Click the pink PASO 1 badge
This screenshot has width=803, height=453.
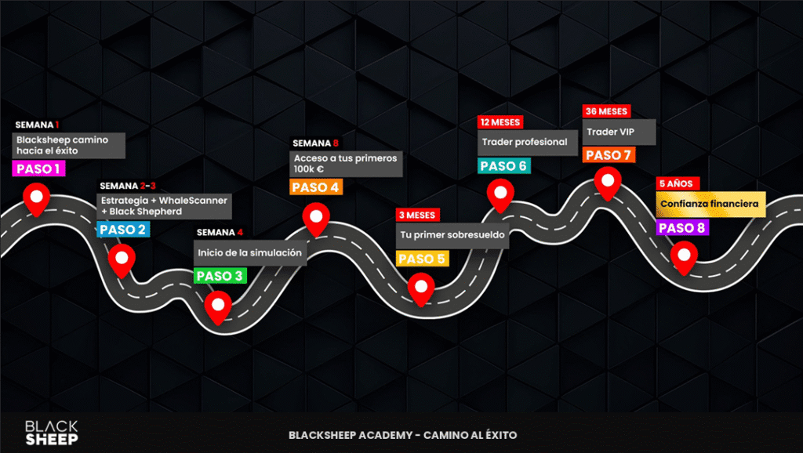[38, 169]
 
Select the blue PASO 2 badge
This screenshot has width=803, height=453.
[123, 230]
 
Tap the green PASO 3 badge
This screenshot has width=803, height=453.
[220, 276]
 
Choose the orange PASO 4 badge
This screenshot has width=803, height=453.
[316, 187]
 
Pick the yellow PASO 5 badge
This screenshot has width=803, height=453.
[422, 259]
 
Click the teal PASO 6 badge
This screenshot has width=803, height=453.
[504, 166]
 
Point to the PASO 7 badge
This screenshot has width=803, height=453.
[609, 155]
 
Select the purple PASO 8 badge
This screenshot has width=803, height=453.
[682, 228]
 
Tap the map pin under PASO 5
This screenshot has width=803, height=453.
[421, 289]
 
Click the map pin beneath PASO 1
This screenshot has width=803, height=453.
[36, 199]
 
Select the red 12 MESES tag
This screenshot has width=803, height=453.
[500, 122]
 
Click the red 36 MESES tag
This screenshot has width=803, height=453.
[606, 111]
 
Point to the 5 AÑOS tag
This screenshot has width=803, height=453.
[678, 183]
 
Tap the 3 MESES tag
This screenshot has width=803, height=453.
[417, 215]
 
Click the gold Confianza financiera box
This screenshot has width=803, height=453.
[710, 205]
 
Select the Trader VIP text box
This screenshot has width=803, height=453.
[619, 132]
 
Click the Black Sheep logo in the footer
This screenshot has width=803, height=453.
[52, 433]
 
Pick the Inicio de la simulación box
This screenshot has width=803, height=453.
[250, 253]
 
